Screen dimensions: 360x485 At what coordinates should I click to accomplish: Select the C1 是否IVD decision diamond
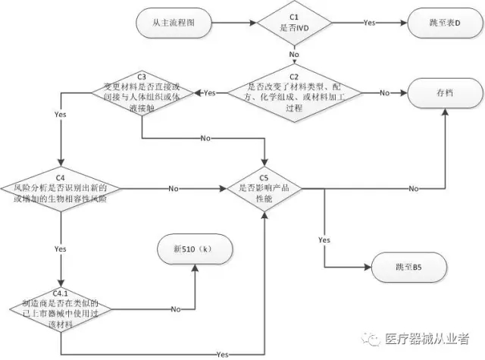click(295, 23)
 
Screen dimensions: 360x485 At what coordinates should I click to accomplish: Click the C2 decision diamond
click(295, 92)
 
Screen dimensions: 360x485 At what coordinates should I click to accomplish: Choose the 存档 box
click(445, 92)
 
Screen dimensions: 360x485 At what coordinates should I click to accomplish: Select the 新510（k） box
click(196, 251)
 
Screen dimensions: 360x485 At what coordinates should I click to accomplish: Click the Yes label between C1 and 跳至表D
click(370, 23)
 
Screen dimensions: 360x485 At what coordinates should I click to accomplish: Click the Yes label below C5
click(324, 239)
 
